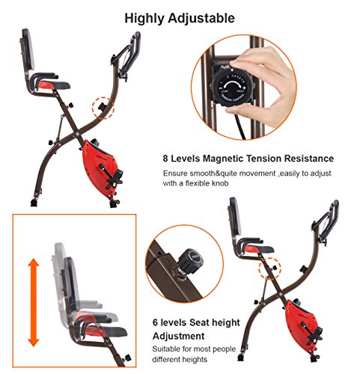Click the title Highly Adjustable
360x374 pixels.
coord(180,16)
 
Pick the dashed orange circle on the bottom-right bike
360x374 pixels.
coord(265,266)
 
